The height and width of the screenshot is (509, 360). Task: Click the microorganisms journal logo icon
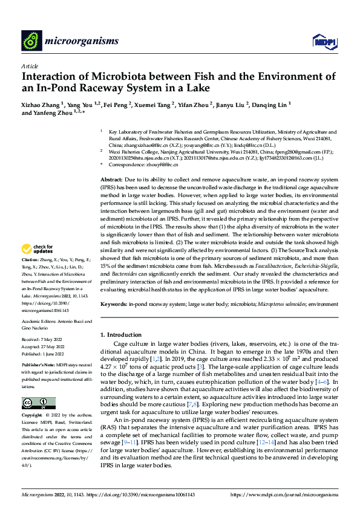point(30,41)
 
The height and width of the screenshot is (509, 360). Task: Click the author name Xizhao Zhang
point(41,104)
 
